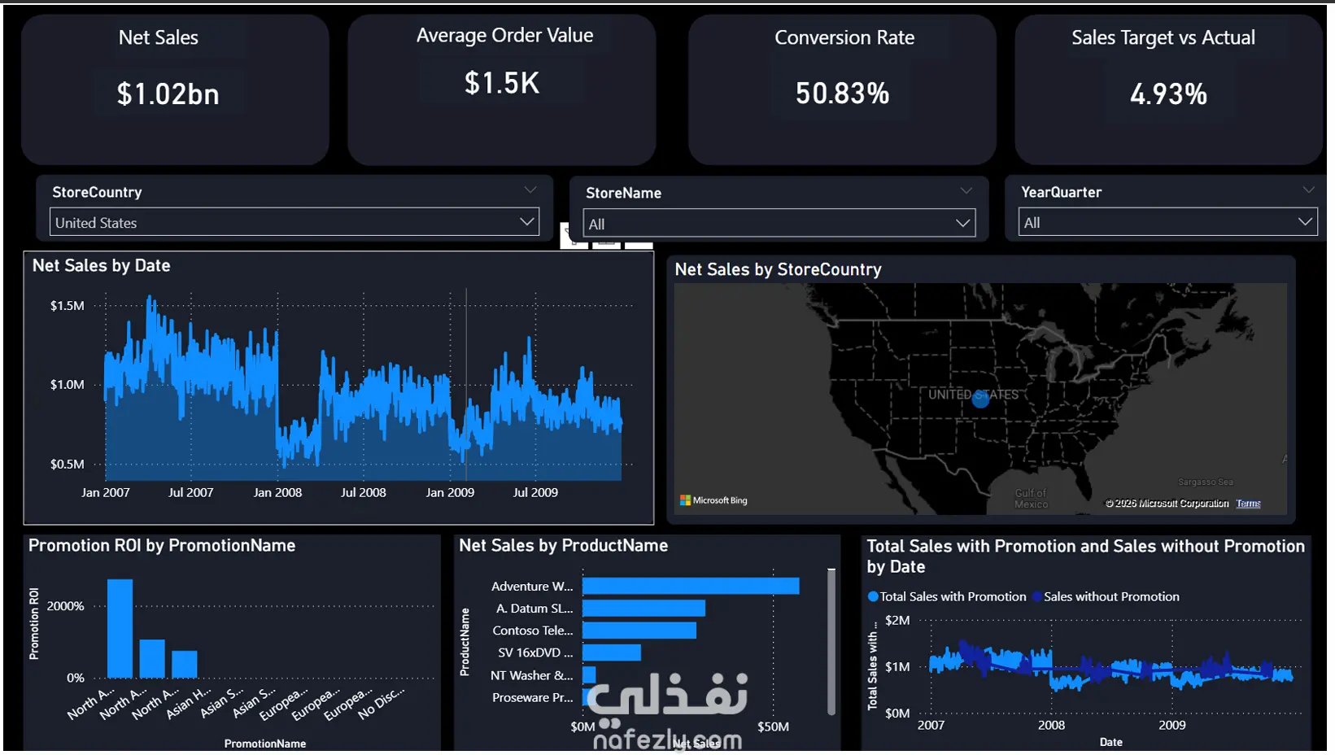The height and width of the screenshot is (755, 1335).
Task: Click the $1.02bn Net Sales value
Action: pos(168,94)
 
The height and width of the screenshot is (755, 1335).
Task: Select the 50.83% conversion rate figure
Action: pos(842,94)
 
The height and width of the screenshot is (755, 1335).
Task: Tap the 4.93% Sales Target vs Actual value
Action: pos(1168,94)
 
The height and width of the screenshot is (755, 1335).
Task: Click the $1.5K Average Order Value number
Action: pos(502,83)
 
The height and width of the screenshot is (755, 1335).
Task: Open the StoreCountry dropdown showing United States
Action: pos(294,222)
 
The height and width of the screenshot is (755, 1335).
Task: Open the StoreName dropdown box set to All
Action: pos(779,224)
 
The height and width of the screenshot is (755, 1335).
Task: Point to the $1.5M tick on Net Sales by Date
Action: pos(68,306)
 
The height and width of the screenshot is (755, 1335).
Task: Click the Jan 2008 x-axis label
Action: pos(277,492)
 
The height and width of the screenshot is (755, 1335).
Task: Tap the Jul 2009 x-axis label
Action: pos(535,492)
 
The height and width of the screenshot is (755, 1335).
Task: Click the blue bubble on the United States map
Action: pos(980,399)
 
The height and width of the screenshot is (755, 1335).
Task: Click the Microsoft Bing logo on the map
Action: pos(713,500)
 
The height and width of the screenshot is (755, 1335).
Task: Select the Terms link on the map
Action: pos(1248,504)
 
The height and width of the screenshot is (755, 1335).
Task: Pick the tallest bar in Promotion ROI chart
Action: pos(120,628)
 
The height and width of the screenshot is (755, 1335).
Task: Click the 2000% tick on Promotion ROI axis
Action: pos(65,606)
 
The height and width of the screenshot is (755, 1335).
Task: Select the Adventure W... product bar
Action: pos(691,586)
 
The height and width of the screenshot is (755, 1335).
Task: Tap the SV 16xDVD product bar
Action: pos(612,652)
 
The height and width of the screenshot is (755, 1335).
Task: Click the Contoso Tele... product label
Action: pos(532,631)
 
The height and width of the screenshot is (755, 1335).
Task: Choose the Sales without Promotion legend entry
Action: pos(1110,596)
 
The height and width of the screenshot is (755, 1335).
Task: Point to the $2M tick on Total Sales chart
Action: pos(897,620)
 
